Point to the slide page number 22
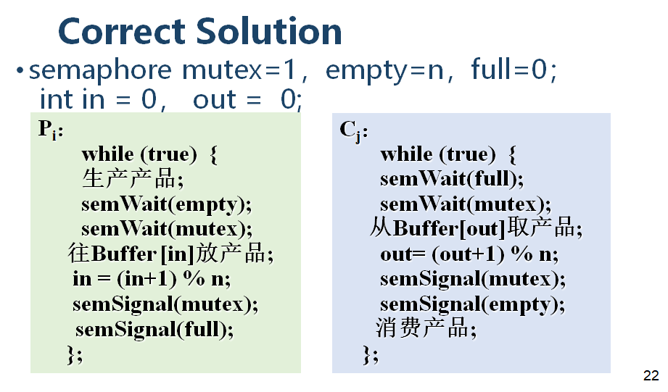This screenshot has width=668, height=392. (651, 375)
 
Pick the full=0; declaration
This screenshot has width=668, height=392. (513, 70)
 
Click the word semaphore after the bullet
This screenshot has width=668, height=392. (100, 70)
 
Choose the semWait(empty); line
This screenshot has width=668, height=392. (166, 204)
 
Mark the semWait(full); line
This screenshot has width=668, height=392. (451, 179)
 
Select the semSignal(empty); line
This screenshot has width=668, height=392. (472, 304)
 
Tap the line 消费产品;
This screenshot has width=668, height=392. (426, 328)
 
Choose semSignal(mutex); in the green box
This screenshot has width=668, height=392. (165, 304)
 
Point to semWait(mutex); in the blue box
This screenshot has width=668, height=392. (465, 204)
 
